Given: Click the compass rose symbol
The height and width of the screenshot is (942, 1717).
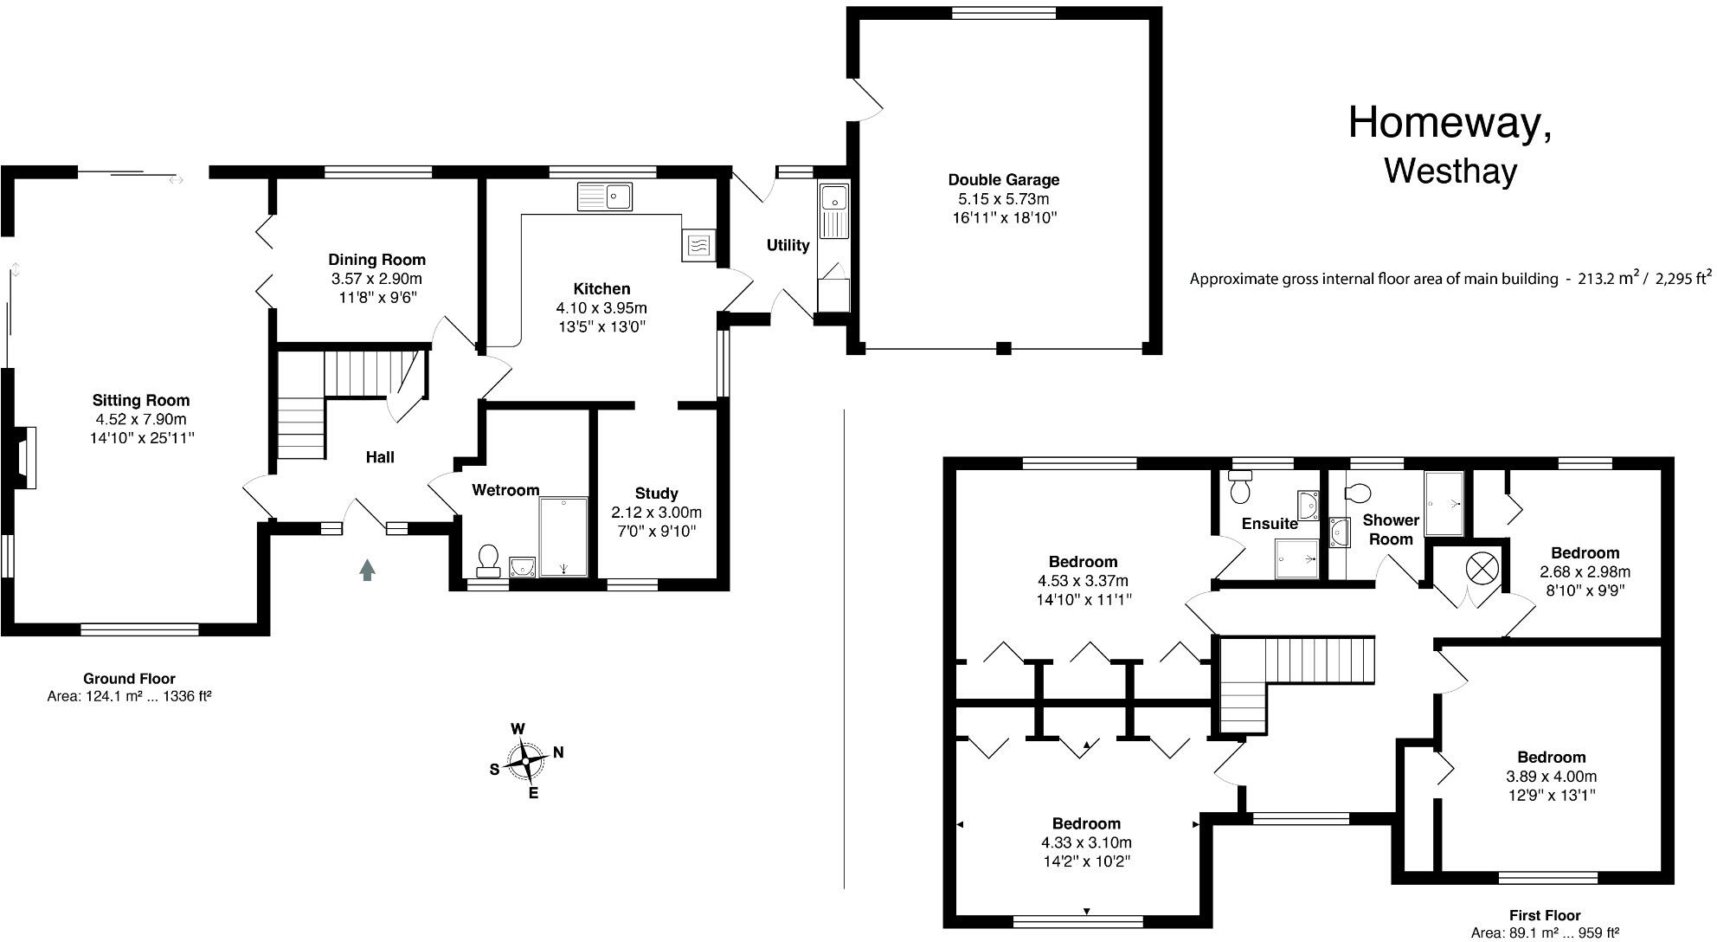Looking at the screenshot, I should tap(525, 762).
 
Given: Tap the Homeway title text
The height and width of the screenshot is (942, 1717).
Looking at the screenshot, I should tap(1450, 124).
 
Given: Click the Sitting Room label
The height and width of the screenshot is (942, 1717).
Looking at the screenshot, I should tap(141, 400).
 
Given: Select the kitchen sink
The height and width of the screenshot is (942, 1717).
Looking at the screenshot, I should tap(605, 197).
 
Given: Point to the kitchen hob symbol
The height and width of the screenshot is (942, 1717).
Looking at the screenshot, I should tap(698, 246).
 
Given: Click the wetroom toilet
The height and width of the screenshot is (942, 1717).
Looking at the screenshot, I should tap(488, 560).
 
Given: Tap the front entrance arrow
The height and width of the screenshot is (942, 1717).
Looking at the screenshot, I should tap(367, 569).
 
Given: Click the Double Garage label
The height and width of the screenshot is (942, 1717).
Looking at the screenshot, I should tap(1003, 180).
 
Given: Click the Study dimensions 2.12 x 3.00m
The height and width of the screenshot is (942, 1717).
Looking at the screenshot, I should tap(656, 513).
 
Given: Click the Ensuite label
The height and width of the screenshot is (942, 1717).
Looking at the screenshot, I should tap(1269, 524).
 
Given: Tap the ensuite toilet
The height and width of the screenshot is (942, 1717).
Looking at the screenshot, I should tap(1241, 488).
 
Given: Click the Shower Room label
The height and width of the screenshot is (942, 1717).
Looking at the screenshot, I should tap(1391, 529).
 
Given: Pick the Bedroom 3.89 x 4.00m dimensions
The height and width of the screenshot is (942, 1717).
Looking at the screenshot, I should tap(1551, 777).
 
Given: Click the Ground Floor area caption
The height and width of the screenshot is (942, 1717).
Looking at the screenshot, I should tap(129, 687).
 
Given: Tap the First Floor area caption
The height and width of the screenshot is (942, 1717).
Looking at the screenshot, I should tap(1545, 924).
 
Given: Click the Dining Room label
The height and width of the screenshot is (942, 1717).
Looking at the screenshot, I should tap(376, 260).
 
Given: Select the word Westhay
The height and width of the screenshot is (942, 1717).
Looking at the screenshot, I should tap(1450, 171).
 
